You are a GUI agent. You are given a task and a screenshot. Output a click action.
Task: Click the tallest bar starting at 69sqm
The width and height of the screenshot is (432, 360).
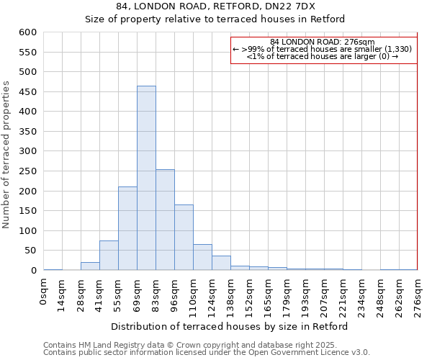(146, 178)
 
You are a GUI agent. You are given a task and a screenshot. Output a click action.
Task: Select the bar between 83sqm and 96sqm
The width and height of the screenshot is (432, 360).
(165, 220)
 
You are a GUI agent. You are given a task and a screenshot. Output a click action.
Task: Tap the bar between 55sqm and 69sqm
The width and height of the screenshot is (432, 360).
(127, 228)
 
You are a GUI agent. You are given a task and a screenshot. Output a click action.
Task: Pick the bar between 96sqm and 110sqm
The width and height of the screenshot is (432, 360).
(184, 238)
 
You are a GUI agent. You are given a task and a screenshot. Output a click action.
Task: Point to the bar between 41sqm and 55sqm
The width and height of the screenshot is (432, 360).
(109, 256)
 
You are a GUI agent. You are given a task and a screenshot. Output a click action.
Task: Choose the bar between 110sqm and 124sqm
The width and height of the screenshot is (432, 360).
(202, 257)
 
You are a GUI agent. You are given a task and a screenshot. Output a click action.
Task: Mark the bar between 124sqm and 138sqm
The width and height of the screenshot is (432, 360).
(221, 263)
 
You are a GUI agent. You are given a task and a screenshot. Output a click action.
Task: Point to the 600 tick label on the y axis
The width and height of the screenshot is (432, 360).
(27, 32)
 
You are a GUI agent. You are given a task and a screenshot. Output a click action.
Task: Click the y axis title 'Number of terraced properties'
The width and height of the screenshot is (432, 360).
(7, 155)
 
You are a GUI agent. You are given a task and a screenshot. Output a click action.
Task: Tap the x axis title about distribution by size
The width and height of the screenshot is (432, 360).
(230, 326)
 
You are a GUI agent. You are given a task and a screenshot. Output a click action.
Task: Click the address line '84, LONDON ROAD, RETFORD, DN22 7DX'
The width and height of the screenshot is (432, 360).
(215, 6)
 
